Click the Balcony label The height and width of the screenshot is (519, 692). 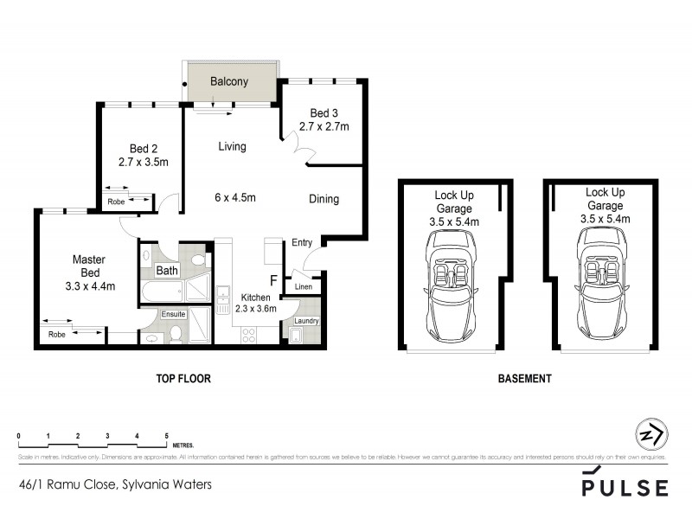click(x=229, y=82)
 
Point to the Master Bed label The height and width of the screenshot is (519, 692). click(x=89, y=265)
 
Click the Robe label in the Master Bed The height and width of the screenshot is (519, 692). click(x=57, y=333)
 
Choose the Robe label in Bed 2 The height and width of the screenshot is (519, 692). click(x=116, y=202)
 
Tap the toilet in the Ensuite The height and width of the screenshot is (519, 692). click(x=176, y=334)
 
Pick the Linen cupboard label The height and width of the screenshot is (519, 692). click(x=303, y=286)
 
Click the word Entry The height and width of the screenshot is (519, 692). click(x=302, y=243)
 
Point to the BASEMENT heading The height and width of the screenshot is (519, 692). click(x=525, y=379)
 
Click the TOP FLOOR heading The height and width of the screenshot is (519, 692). click(x=183, y=379)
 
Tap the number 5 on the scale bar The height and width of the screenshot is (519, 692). click(x=165, y=435)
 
